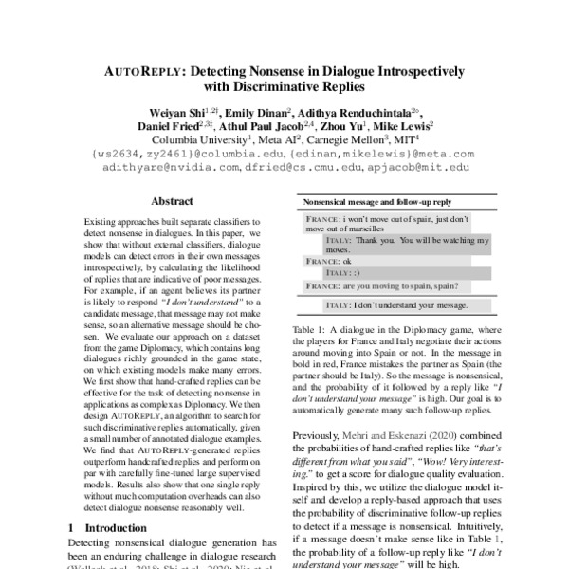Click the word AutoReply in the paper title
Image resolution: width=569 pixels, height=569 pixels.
(152, 71)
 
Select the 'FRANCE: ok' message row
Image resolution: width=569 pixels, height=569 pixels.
(327, 260)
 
